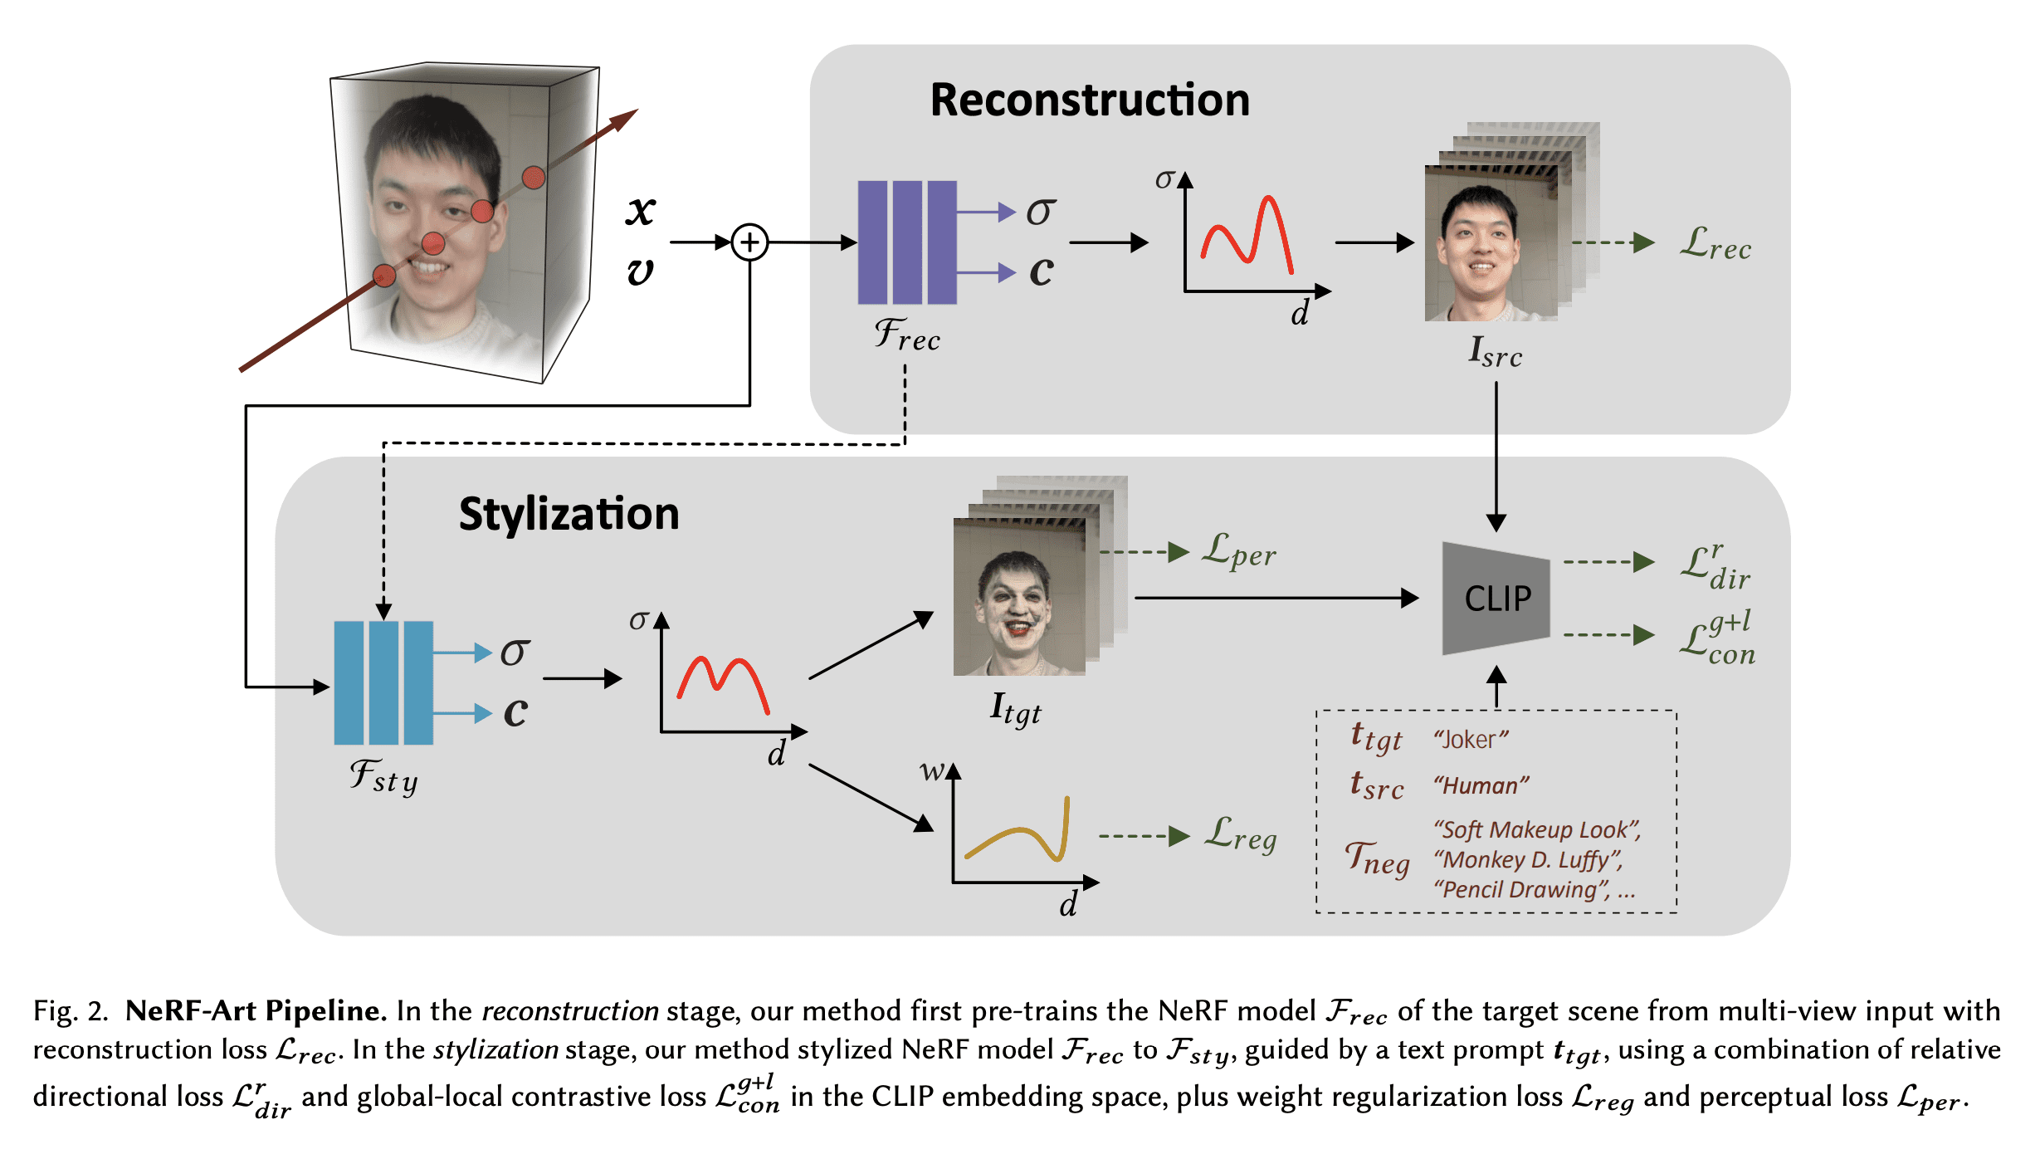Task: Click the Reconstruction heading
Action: point(1090,100)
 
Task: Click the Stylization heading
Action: point(569,514)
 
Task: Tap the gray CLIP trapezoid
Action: point(1496,599)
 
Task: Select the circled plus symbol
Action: point(750,242)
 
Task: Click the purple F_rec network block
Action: point(907,242)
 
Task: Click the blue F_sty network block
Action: point(383,682)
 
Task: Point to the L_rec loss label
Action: point(1715,244)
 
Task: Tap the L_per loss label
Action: point(1239,551)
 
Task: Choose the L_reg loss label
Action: point(1241,834)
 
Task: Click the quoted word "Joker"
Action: point(1471,739)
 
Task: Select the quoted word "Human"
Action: point(1481,785)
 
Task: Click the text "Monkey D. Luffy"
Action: point(1528,860)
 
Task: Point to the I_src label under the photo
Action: point(1496,352)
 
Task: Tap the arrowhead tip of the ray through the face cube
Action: point(638,109)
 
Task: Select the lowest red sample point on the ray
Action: point(384,276)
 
